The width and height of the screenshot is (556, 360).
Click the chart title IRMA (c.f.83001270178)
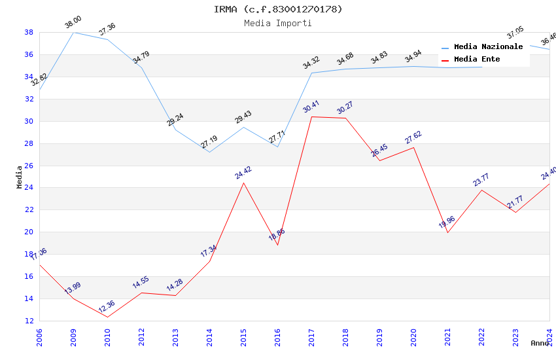(278, 9)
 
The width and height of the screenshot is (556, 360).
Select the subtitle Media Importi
(278, 23)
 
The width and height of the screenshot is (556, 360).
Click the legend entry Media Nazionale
(488, 47)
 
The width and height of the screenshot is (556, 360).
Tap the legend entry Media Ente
(477, 60)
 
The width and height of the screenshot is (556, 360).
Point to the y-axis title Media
(20, 177)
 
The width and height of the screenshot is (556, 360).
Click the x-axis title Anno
(540, 343)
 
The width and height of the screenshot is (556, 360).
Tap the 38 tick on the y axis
(29, 32)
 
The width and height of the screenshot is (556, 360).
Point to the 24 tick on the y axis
(29, 188)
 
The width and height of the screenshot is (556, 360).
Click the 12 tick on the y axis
(29, 321)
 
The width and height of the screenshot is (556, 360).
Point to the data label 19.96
(447, 221)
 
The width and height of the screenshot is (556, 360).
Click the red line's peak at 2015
(243, 183)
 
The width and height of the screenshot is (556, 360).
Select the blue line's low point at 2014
(209, 153)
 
